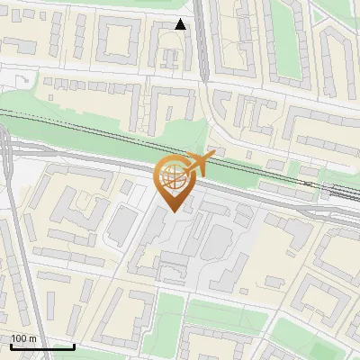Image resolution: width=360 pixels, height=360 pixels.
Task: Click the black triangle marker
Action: [181, 24]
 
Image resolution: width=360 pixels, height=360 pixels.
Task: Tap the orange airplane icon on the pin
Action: [200, 164]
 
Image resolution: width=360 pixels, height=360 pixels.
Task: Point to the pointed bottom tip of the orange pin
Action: [173, 211]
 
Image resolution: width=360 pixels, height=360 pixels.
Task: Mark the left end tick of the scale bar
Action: [11, 346]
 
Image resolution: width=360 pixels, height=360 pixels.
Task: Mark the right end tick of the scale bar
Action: [74, 346]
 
